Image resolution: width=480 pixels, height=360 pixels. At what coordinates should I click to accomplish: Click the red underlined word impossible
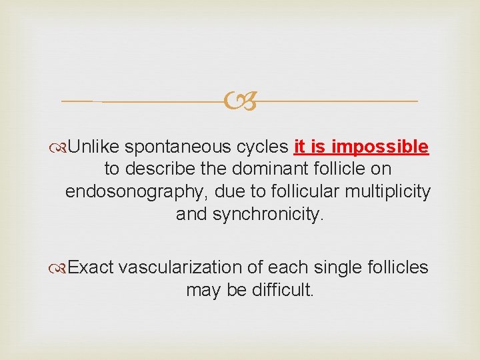(x=387, y=147)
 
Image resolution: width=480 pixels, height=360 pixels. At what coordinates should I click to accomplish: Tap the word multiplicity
(x=389, y=192)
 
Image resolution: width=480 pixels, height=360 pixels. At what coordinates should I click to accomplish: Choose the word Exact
(x=92, y=267)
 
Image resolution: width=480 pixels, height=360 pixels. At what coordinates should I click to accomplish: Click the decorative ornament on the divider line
(x=239, y=101)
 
